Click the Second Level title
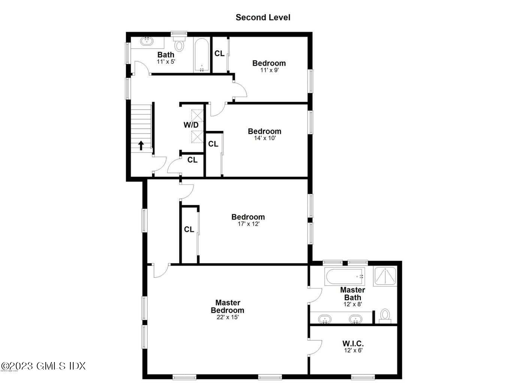[x=263, y=17]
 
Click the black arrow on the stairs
[x=141, y=145]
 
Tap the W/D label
[x=191, y=125]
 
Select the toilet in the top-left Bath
[x=180, y=44]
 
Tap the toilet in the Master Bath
[x=385, y=315]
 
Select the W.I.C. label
[x=353, y=343]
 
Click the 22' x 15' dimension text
[x=227, y=317]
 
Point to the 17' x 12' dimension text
[x=248, y=224]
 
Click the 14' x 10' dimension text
[x=265, y=138]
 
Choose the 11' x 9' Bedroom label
[x=269, y=63]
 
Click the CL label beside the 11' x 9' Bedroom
[x=220, y=53]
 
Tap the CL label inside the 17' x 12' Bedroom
[x=189, y=229]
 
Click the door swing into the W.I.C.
[x=316, y=347]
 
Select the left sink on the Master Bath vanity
[x=325, y=319]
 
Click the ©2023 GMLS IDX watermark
[x=43, y=366]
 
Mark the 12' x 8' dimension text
[x=353, y=304]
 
